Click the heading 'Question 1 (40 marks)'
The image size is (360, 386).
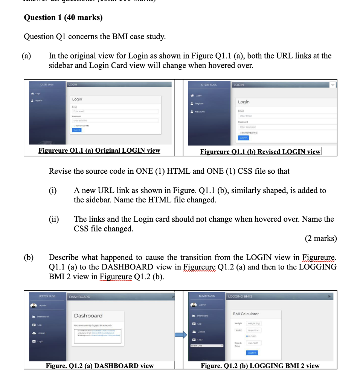point(63,17)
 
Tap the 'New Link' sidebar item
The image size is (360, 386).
point(200,112)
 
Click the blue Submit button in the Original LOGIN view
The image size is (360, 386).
point(76,130)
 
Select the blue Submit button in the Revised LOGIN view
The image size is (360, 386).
point(243,138)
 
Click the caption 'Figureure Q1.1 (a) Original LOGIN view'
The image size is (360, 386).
point(99,150)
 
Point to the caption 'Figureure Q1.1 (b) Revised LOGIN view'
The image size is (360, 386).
point(260,152)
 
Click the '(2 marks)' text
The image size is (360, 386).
point(320,238)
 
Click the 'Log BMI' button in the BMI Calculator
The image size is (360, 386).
point(252,353)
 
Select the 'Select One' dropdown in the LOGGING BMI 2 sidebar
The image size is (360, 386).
point(206,345)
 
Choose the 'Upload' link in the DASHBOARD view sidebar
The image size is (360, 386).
point(41,333)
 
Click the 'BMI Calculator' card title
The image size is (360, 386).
point(246,314)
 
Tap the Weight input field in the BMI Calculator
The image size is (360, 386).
point(256,323)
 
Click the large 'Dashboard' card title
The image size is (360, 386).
point(88,316)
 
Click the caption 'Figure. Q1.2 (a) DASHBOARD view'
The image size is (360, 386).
point(100,366)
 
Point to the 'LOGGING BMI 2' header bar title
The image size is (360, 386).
point(240,297)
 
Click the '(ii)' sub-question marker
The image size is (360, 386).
point(54,219)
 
